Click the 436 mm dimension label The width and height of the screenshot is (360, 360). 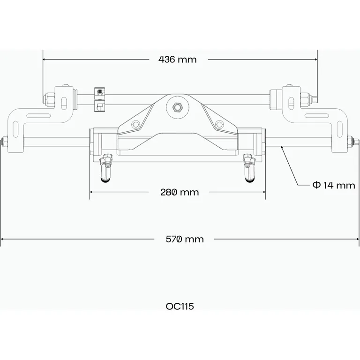pos(178,60)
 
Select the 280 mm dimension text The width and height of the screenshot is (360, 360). pos(179,192)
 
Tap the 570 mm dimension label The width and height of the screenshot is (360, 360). pos(185,239)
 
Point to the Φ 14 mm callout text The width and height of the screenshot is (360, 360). pos(334,185)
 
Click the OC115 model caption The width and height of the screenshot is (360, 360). pos(180,307)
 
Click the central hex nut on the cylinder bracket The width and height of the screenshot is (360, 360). pos(178,107)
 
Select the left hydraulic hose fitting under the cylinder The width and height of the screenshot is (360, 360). pos(106,169)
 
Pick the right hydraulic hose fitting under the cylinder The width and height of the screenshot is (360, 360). pos(249,169)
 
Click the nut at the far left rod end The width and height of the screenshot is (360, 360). pos(4,140)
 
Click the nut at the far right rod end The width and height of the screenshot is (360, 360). pos(351,140)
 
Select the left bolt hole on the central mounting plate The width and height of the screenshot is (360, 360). pos(135,124)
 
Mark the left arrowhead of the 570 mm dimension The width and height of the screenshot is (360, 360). pos(2,239)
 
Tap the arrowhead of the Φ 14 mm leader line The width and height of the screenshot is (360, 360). pos(281,147)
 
